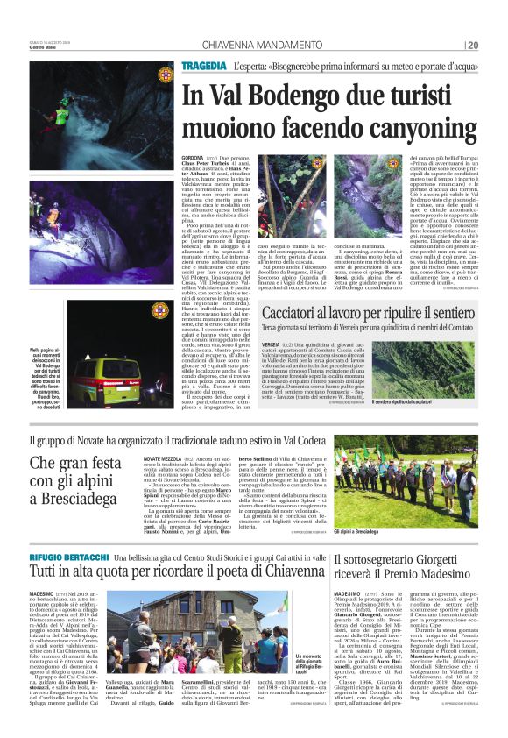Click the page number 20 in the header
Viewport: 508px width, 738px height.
click(473, 46)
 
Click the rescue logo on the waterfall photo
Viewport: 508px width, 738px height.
click(165, 75)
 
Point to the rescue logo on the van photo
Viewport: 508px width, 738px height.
click(160, 310)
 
